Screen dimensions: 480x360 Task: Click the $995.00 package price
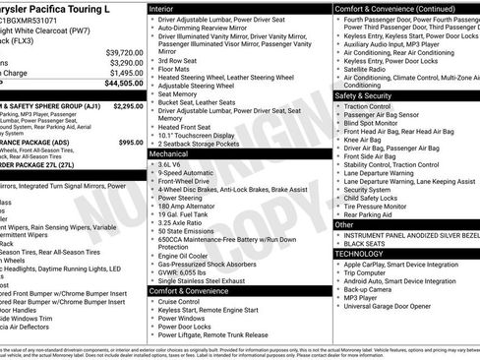click(x=131, y=143)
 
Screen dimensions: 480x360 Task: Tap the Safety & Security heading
click(x=364, y=95)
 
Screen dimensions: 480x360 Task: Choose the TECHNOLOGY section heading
click(x=361, y=253)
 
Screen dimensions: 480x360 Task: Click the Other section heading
click(x=344, y=224)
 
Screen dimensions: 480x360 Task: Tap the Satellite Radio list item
click(x=369, y=69)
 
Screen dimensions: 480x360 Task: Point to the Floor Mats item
click(x=176, y=69)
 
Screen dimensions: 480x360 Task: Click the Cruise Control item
click(x=188, y=302)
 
